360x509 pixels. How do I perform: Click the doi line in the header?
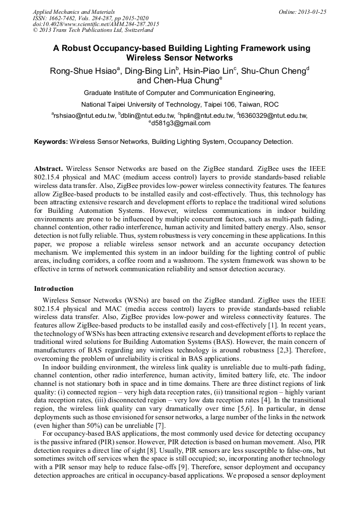tap(96, 24)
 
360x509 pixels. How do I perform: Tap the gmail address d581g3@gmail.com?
tap(181, 123)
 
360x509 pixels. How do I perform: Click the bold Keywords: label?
tap(51, 142)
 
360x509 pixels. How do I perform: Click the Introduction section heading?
tap(54, 289)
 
